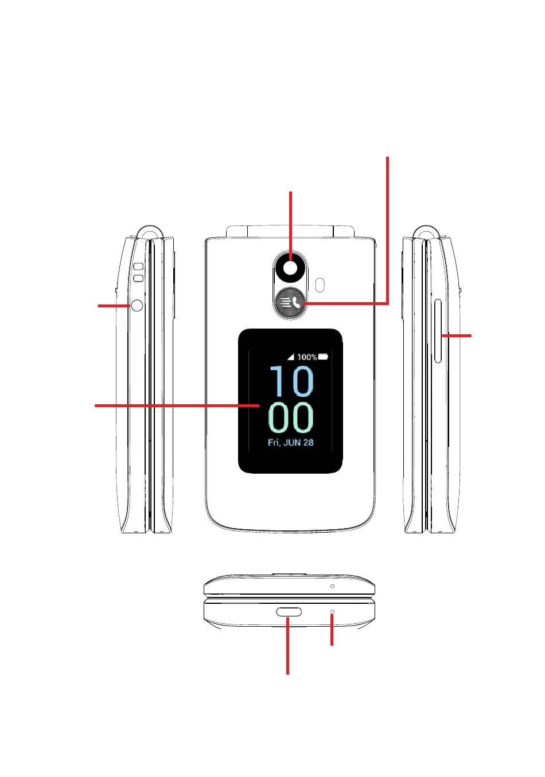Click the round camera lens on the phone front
tap(290, 268)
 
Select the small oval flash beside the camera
tap(320, 283)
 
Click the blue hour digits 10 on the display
tap(291, 381)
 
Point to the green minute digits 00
tap(291, 417)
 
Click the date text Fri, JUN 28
tap(291, 443)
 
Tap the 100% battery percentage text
tap(307, 357)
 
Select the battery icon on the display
tap(324, 357)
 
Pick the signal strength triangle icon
tap(291, 357)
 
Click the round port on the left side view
tap(137, 306)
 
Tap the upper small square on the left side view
tap(138, 267)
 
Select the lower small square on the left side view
tap(138, 279)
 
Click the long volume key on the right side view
tap(438, 331)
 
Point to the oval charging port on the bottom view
tap(290, 611)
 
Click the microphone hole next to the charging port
tap(332, 612)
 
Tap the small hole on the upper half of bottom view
tap(332, 586)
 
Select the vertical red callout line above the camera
tap(291, 224)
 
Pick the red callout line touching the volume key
tap(457, 335)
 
